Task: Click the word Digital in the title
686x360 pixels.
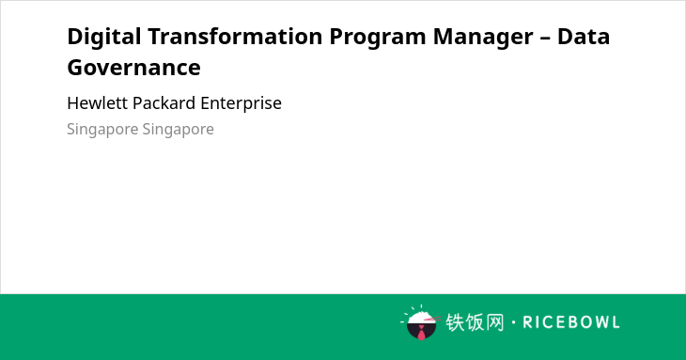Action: click(104, 38)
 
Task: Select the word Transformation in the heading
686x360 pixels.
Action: click(235, 37)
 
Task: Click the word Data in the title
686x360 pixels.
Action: click(584, 37)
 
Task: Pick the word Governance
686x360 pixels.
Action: click(133, 68)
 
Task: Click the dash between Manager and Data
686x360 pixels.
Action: click(545, 39)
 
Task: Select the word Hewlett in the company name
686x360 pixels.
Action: click(97, 103)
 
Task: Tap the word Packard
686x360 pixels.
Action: click(164, 103)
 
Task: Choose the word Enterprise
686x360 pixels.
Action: click(242, 103)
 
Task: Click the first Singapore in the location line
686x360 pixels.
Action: click(101, 130)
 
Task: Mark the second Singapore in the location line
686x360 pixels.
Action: click(178, 130)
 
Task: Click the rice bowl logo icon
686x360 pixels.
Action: click(421, 322)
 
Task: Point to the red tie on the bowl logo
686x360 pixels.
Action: click(421, 334)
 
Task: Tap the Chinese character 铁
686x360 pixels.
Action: click(455, 322)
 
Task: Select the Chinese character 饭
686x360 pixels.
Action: click(475, 322)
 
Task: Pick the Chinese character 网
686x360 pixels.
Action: click(494, 322)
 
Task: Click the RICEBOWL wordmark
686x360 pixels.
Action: click(571, 322)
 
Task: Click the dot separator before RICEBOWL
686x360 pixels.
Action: click(513, 322)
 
